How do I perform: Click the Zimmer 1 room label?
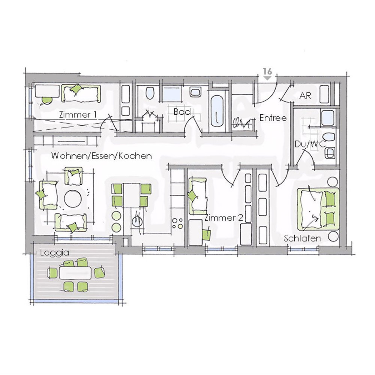click(x=77, y=114)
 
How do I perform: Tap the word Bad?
click(x=182, y=112)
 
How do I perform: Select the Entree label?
click(x=273, y=118)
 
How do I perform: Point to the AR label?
click(x=305, y=96)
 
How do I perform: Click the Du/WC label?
click(x=310, y=144)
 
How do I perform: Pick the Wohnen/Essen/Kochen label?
click(x=101, y=156)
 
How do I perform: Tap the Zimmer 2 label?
click(x=224, y=218)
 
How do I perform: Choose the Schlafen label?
click(x=302, y=238)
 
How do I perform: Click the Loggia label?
click(x=55, y=253)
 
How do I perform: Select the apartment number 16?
click(x=267, y=72)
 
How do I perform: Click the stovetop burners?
click(x=178, y=223)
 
